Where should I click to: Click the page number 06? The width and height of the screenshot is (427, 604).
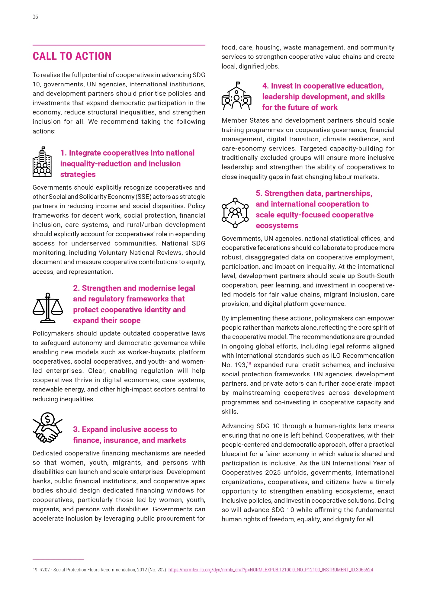(35, 17)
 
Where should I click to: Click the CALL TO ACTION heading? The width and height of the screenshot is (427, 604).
(72, 56)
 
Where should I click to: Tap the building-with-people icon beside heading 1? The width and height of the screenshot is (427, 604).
(42, 162)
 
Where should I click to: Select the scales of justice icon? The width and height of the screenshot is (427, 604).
(48, 308)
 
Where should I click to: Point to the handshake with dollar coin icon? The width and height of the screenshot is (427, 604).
(48, 428)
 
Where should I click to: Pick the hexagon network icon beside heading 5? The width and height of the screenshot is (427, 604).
(235, 213)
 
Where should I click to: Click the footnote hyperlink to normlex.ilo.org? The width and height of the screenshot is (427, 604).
(271, 570)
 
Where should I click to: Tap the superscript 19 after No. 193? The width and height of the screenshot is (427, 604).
(249, 363)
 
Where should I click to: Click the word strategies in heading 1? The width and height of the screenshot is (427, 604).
(78, 175)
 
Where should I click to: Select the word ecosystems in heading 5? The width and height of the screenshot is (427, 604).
(277, 226)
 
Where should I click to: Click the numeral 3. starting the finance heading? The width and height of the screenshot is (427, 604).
(76, 429)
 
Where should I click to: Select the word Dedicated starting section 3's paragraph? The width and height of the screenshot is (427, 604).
(47, 453)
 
